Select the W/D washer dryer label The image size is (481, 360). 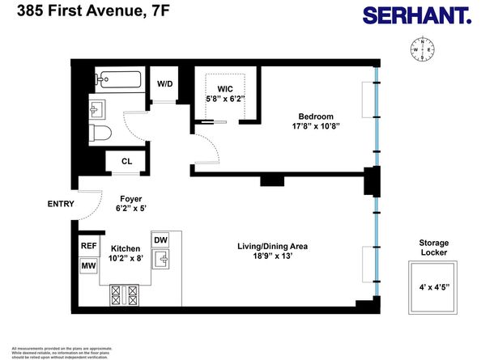[164, 83]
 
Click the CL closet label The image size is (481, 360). [126, 162]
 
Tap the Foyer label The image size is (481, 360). [131, 197]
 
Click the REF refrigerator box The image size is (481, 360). [88, 246]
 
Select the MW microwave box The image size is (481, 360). [88, 265]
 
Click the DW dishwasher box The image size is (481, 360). [160, 240]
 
